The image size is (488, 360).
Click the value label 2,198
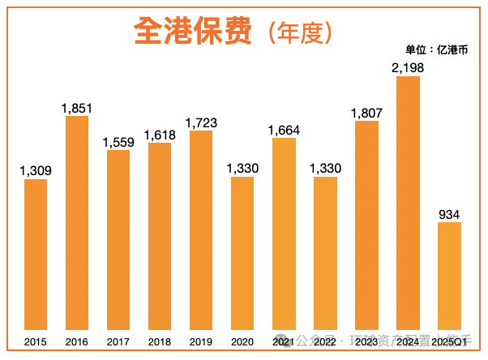408,67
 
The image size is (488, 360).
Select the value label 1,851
77,107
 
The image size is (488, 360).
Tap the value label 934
449,213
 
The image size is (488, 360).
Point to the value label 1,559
118,141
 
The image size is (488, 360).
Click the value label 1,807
366,112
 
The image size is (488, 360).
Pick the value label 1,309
36,170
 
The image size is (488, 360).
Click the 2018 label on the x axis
160,341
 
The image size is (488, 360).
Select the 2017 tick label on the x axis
118,341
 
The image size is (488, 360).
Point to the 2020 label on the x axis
242,341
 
